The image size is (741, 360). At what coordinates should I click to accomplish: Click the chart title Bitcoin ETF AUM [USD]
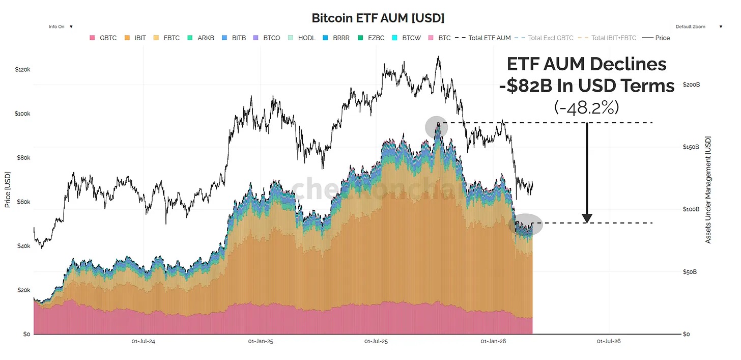pos(378,18)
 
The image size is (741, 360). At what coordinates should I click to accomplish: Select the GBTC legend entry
pos(103,38)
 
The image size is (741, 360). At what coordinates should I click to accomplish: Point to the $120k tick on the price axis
pos(22,69)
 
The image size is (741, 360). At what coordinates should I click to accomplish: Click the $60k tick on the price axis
pos(22,202)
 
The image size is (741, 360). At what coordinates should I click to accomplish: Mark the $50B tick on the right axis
pos(690,272)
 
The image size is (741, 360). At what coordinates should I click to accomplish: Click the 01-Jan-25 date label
pos(261,341)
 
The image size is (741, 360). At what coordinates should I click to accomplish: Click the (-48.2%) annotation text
pos(586,107)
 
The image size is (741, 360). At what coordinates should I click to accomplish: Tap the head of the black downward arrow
pos(587,218)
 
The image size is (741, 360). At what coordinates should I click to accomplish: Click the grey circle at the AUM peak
pos(437,127)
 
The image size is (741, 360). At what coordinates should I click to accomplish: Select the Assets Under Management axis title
pos(708,189)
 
